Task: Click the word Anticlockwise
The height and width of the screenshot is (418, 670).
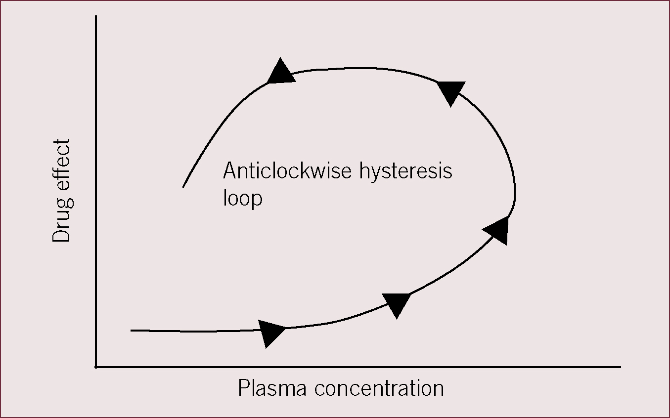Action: pos(287,170)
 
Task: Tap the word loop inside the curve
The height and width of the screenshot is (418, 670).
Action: pos(243,198)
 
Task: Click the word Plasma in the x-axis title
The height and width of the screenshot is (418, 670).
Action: pos(272,388)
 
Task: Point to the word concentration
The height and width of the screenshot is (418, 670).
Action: pos(379,389)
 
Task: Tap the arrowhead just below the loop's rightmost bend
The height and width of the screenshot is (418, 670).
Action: pos(498,231)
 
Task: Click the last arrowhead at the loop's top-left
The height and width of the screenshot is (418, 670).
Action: pos(280,72)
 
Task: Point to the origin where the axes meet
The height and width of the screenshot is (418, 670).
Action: pos(96,367)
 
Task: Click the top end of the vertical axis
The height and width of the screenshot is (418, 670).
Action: pos(96,15)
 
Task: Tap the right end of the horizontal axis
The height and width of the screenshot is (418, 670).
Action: pos(621,367)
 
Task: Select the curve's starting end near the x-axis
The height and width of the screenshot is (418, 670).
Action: pos(131,331)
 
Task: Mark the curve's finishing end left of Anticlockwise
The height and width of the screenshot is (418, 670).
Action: pos(183,187)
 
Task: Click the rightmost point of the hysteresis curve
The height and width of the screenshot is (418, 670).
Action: pos(515,191)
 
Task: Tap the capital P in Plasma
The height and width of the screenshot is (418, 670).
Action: pos(244,388)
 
